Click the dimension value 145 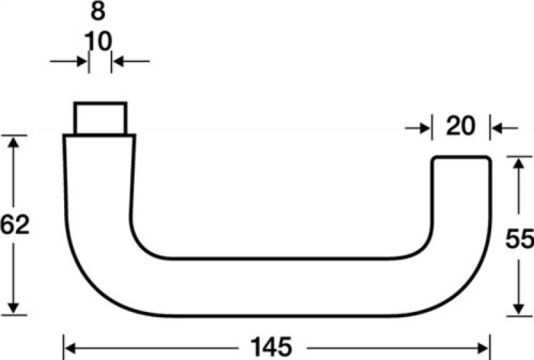272,347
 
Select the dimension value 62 15,225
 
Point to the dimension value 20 461,126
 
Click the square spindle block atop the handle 99,119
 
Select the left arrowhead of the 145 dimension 69,347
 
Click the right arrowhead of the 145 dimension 485,347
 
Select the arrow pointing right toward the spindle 82,62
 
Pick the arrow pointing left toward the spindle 118,62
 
